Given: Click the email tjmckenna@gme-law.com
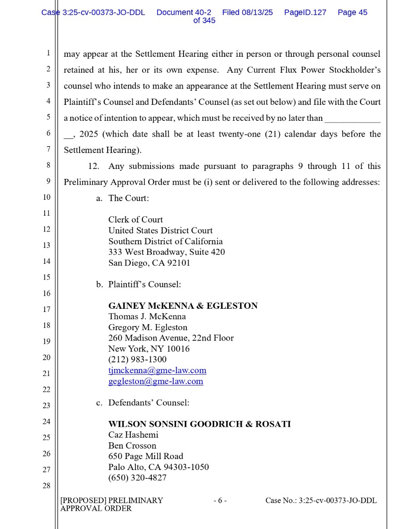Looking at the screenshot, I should click(157, 371).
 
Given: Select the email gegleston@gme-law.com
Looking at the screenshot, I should click(155, 381).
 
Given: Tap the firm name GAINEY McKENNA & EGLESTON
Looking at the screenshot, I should click(183, 306).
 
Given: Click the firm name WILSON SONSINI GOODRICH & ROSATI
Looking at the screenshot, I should click(200, 424).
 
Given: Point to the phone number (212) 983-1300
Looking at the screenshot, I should click(137, 360).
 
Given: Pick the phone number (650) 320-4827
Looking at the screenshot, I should click(137, 478).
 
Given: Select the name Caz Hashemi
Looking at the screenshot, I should click(133, 435).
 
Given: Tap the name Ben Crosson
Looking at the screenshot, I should click(132, 446).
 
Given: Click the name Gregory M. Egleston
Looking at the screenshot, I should click(148, 327).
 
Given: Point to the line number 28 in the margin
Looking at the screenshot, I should click(46, 486).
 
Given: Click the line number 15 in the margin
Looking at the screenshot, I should click(46, 277).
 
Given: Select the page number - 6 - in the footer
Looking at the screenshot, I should click(220, 501).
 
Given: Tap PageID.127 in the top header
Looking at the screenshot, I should click(305, 13).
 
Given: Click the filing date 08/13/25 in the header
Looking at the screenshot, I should click(257, 13).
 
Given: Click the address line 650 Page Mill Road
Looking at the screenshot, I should click(145, 456).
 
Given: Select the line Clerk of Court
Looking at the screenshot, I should click(135, 220).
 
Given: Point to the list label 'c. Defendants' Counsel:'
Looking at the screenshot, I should click(143, 403).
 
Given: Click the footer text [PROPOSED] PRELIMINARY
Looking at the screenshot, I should click(111, 501).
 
